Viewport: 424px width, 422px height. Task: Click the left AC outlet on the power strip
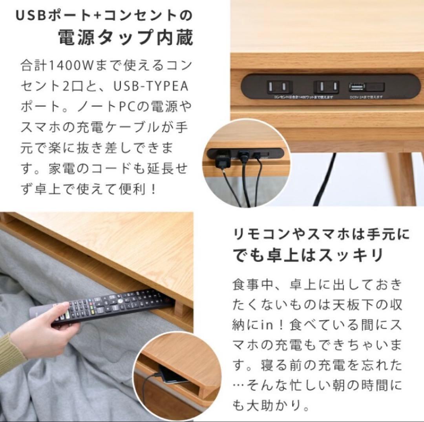tap(279, 86)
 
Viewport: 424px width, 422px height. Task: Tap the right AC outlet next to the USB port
tap(326, 86)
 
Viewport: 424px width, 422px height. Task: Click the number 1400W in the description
tap(70, 65)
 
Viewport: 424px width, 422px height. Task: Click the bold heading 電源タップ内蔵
tap(125, 38)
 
